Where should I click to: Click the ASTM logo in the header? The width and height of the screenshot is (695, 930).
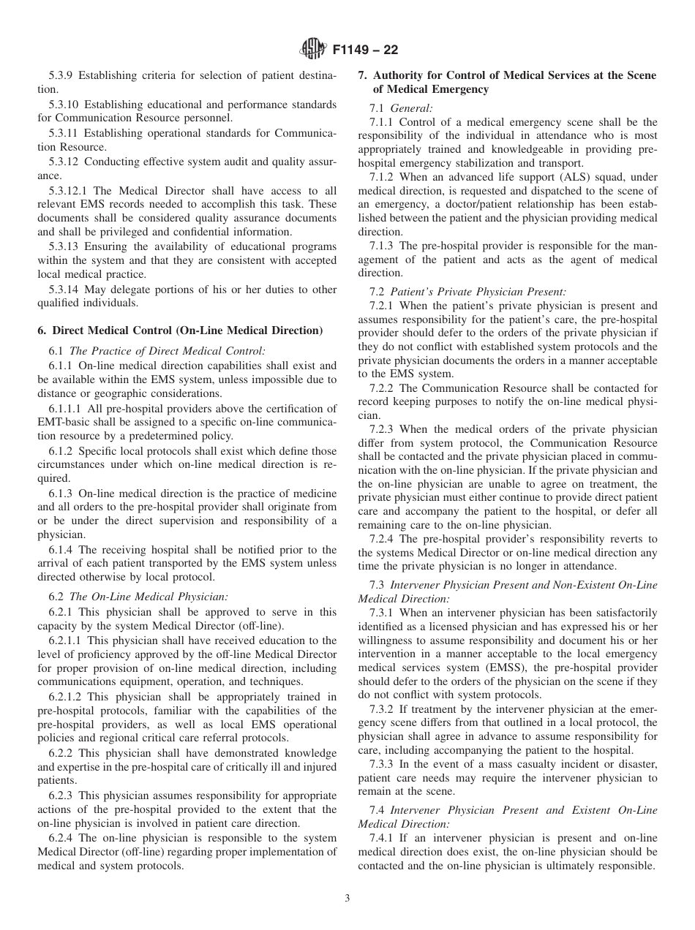click(x=312, y=50)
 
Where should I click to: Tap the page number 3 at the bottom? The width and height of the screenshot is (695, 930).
click(x=347, y=899)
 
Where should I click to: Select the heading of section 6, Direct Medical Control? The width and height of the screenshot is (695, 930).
click(x=180, y=330)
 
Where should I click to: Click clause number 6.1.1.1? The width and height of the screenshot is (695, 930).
click(x=69, y=408)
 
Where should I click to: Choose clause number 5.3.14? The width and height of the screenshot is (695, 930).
click(x=64, y=290)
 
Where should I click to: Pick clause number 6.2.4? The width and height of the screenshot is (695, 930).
click(x=61, y=838)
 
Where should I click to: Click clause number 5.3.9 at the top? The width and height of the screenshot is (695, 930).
click(x=61, y=75)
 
